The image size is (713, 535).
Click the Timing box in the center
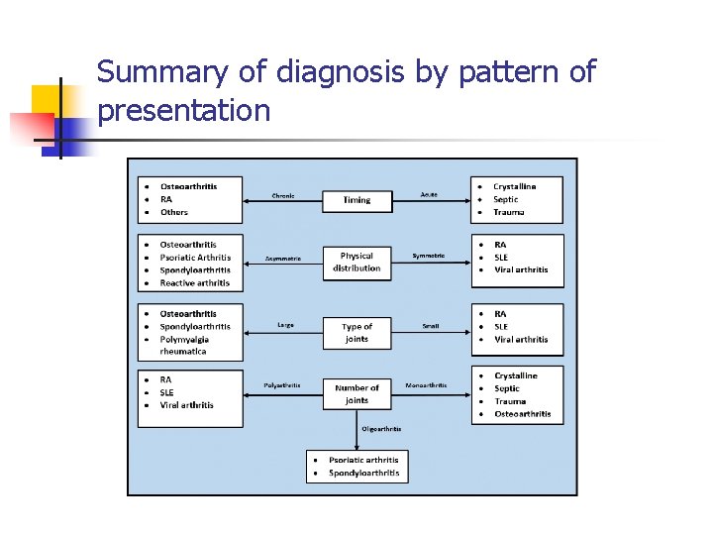click(x=356, y=200)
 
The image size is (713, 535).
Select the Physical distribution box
click(x=356, y=263)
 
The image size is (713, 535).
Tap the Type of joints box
click(x=356, y=333)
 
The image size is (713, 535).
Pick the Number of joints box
click(x=356, y=394)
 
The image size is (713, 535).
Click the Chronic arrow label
click(x=283, y=195)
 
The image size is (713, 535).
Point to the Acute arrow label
click(x=429, y=194)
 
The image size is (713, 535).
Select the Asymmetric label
click(x=282, y=259)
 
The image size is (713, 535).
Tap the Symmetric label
click(x=429, y=256)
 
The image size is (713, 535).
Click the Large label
click(x=285, y=325)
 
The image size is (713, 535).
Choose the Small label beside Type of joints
click(x=430, y=326)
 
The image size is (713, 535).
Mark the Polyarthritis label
click(x=282, y=385)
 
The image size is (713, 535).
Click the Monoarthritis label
click(x=426, y=385)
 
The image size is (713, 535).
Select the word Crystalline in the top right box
click(x=514, y=186)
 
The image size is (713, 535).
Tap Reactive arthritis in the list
click(x=195, y=283)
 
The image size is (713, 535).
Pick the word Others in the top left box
click(x=174, y=212)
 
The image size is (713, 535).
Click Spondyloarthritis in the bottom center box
click(x=363, y=474)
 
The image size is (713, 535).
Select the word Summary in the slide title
click(x=161, y=72)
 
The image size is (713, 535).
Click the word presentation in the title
click(x=184, y=110)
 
